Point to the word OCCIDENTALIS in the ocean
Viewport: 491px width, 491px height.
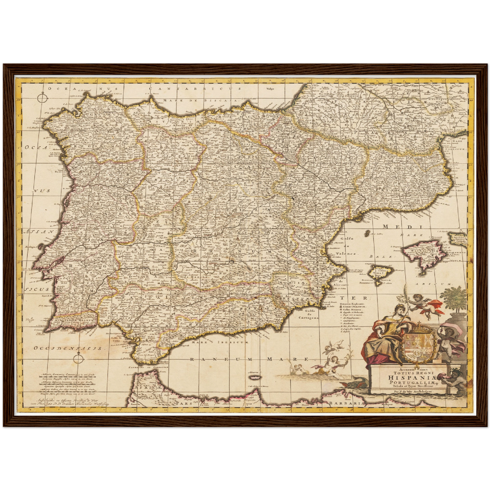pyautogui.click(x=68, y=348)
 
